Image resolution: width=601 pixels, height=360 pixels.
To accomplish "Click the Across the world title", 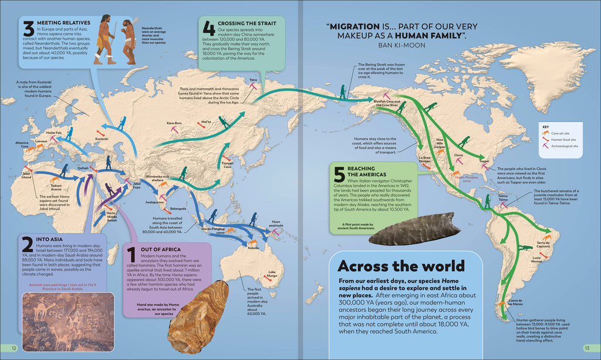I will coord(401,265).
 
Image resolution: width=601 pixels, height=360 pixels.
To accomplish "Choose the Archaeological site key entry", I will coord(564,146).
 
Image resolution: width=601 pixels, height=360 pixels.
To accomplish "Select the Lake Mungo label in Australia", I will coord(273,272).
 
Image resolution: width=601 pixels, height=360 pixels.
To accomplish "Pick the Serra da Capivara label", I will coord(543,245).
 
